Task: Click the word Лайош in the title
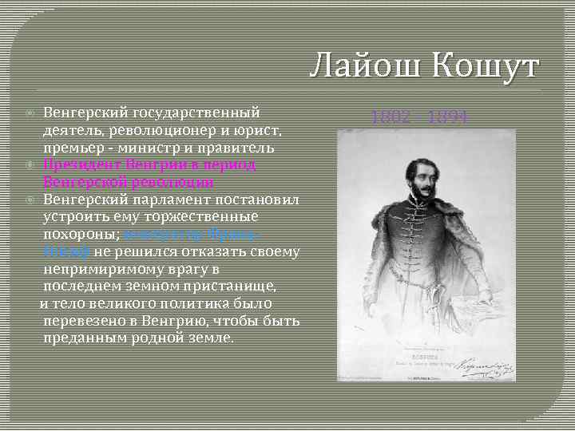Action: point(362,65)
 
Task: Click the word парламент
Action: point(163,200)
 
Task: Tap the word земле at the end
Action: point(210,338)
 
